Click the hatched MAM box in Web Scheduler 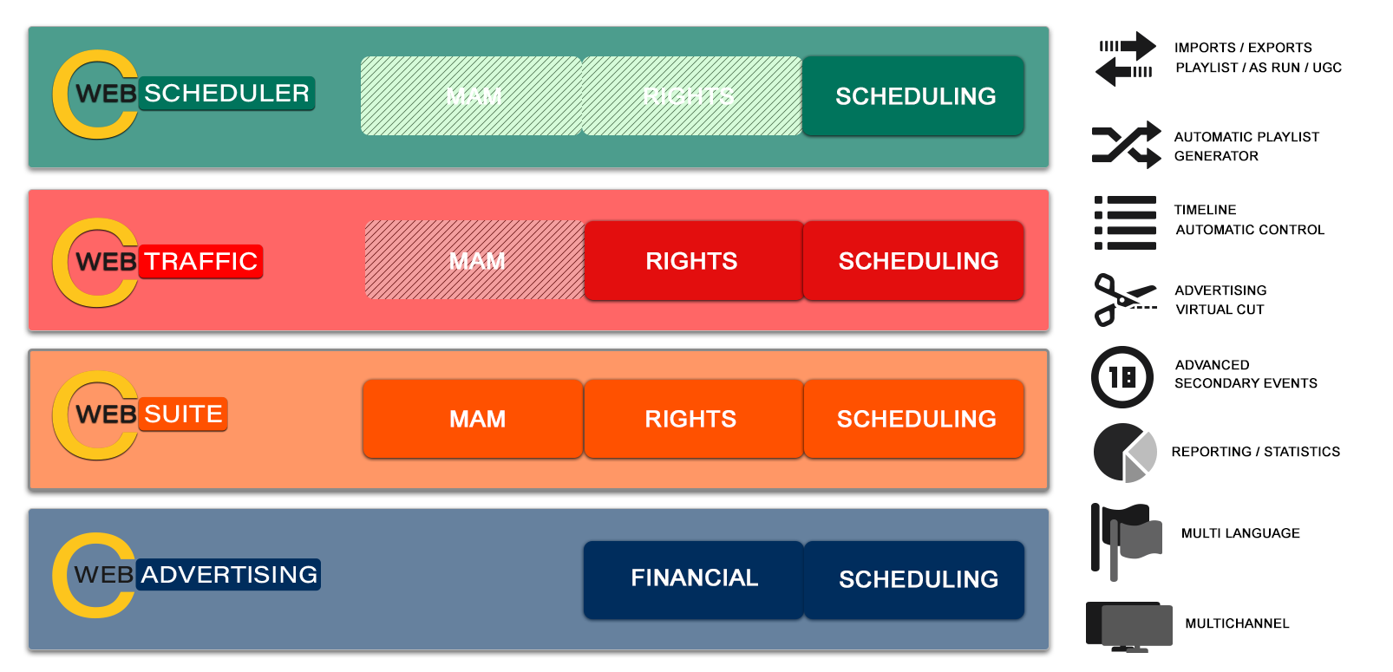click(471, 95)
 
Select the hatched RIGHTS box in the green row click(692, 95)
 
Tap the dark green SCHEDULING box click(913, 95)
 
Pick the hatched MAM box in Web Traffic click(475, 260)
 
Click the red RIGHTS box click(694, 260)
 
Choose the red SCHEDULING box click(914, 260)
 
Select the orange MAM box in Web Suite click(474, 418)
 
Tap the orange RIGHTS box click(694, 418)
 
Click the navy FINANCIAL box click(694, 579)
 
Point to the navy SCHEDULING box click(914, 579)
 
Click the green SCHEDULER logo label click(226, 94)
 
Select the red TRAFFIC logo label click(200, 261)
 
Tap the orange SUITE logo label click(183, 414)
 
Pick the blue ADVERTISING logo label click(228, 574)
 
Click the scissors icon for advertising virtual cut click(1124, 300)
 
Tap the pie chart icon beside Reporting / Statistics click(1125, 453)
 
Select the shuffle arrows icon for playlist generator click(1126, 145)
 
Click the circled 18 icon click(1122, 377)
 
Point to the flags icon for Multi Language click(1126, 542)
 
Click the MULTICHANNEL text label click(1237, 623)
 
